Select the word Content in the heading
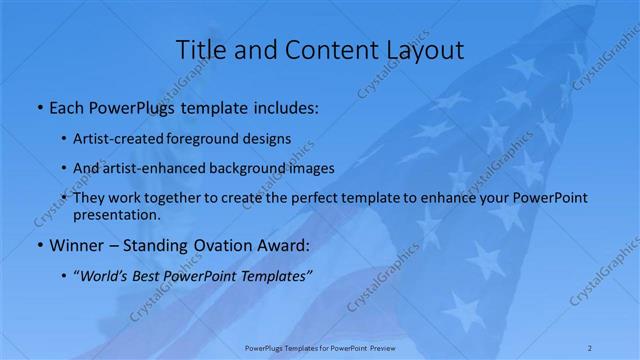pos(322,49)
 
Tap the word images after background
pos(311,168)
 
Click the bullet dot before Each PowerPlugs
pos(39,107)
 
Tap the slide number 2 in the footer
pos(590,348)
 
